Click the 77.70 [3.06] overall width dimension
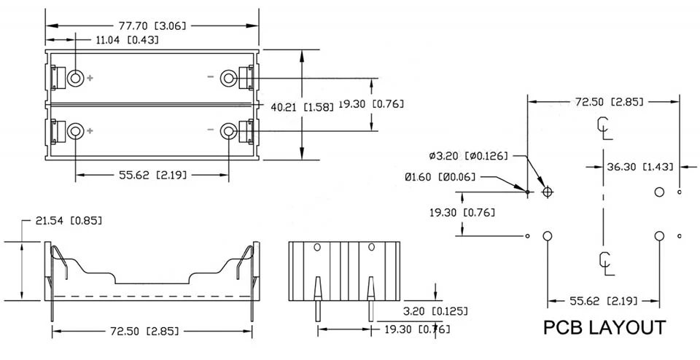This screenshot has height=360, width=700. pos(152,26)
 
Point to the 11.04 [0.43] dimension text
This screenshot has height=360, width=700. pos(127,40)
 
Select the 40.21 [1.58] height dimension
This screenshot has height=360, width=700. pos(302,107)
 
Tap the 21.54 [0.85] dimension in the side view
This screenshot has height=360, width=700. pos(69,220)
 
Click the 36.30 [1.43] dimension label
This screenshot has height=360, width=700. pos(639,167)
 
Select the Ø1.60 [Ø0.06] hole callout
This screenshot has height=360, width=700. pos(440,177)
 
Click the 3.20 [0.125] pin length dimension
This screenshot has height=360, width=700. pos(436,311)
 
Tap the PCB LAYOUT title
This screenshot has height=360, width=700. pos(604,327)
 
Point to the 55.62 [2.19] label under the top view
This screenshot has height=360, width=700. pos(152,175)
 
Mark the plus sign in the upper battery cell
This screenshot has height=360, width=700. pos(90,79)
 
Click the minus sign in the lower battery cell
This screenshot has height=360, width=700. pos(211,130)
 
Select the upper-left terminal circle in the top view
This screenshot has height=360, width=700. pos(75,79)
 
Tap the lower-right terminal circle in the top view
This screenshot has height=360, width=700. pos(229,131)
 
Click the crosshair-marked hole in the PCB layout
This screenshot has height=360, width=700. pos(548,192)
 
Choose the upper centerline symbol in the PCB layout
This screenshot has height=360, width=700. pos(604,128)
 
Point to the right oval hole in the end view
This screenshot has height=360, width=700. pos(371,247)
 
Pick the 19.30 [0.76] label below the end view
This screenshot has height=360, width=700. pos(417,329)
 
